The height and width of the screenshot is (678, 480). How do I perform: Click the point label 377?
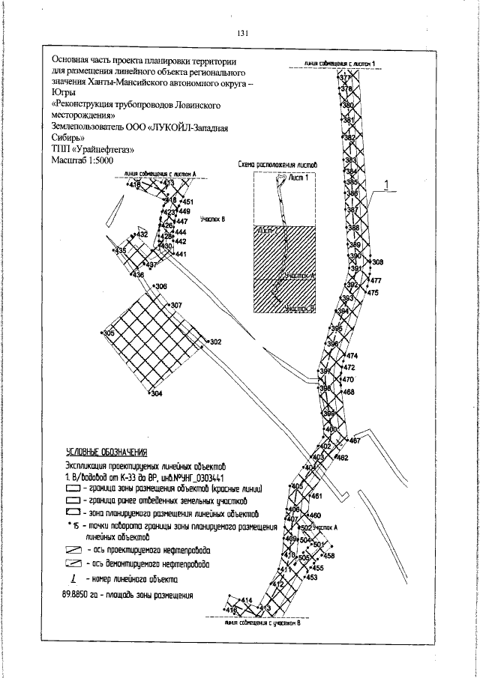346,78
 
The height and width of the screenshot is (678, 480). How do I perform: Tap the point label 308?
377,262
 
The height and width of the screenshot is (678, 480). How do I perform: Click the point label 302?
215,342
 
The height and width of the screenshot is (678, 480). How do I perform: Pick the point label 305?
108,333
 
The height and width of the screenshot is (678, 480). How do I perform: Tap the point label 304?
157,394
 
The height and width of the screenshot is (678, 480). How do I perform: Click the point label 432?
142,234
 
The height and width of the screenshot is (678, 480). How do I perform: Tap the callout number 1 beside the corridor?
387,184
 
